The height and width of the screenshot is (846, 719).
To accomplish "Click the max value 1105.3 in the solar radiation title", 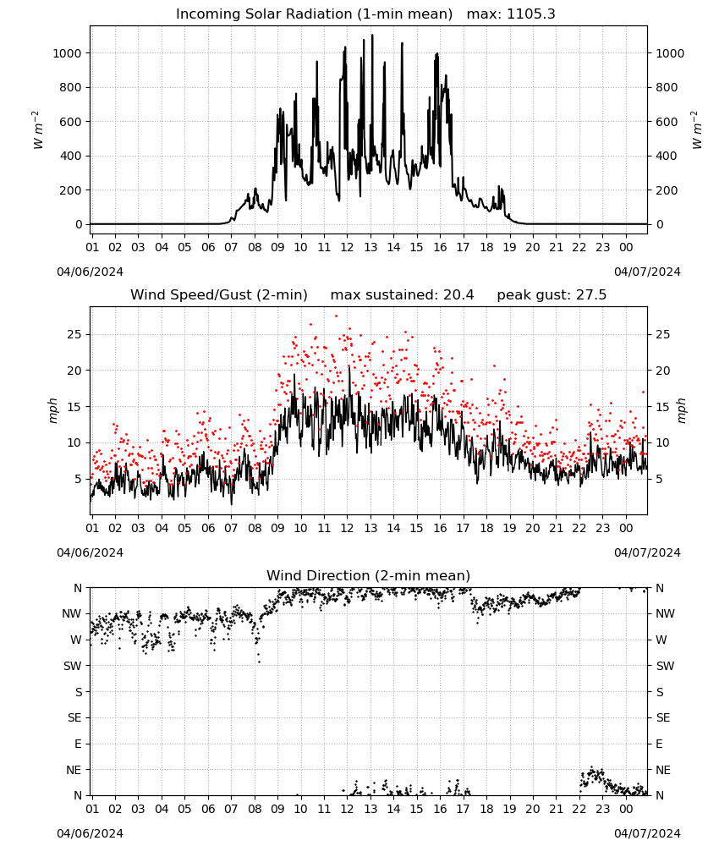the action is point(530,14).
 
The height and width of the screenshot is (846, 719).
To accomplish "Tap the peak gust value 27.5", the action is point(591,295).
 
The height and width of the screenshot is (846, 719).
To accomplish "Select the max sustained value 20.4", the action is point(458,295).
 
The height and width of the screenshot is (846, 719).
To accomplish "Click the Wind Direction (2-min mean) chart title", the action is point(369,575).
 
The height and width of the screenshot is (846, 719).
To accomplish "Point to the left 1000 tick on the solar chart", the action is point(67,52).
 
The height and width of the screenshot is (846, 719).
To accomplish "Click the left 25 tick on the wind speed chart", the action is point(74,334).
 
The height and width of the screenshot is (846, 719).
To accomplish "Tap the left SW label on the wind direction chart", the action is point(73,666).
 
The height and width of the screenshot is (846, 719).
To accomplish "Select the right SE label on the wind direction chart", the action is point(663,717).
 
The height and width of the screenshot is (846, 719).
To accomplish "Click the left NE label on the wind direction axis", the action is point(74,770).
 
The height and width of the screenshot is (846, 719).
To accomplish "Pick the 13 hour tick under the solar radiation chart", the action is point(370,247).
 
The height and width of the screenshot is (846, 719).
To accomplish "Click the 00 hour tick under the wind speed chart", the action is point(626,528).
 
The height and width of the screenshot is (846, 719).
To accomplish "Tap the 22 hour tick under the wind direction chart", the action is point(579,810).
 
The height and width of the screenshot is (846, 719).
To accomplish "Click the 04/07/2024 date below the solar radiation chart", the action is point(647,272).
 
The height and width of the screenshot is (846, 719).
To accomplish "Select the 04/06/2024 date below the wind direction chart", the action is point(90,833).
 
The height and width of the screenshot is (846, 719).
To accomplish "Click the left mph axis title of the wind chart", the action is point(52,410).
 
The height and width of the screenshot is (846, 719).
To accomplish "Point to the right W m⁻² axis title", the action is point(696,130).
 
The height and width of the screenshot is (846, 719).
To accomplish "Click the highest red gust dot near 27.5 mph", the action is point(336,316).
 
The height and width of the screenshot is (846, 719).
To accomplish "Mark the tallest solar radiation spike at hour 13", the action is point(372,35).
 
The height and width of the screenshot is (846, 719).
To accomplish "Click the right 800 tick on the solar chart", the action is point(667,87).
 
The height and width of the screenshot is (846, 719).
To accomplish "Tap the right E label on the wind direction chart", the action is point(660,744).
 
